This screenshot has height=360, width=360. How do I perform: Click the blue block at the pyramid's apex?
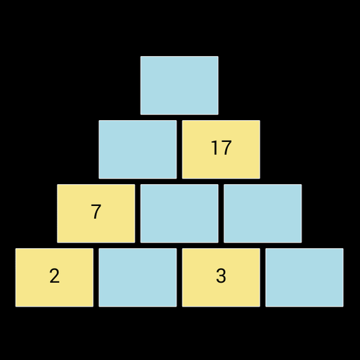pyautogui.click(x=179, y=85)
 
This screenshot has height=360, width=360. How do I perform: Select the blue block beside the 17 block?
pyautogui.click(x=138, y=149)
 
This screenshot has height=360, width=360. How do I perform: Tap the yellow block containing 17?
pyautogui.click(x=221, y=149)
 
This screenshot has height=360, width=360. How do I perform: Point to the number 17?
pyautogui.click(x=221, y=148)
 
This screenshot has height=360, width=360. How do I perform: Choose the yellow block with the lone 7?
pyautogui.click(x=96, y=213)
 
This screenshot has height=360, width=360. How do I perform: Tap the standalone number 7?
pyautogui.click(x=96, y=212)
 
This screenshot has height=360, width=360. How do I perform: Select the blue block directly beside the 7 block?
pyautogui.click(x=179, y=213)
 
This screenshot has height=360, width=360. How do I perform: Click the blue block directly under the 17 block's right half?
pyautogui.click(x=263, y=213)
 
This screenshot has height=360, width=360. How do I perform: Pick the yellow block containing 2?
pyautogui.click(x=54, y=277)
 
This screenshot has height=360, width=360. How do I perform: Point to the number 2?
pyautogui.click(x=54, y=276)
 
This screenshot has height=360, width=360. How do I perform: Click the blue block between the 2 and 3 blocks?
pyautogui.click(x=138, y=277)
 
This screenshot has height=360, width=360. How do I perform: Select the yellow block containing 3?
pyautogui.click(x=221, y=277)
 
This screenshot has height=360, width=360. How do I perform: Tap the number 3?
pyautogui.click(x=221, y=276)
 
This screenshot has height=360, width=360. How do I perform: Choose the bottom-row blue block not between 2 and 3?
pyautogui.click(x=304, y=277)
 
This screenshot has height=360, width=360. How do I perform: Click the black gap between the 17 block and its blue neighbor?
pyautogui.click(x=179, y=149)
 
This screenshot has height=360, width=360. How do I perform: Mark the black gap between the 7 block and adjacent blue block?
pyautogui.click(x=138, y=213)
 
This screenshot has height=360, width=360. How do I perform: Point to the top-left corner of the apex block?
pyautogui.click(x=141, y=56)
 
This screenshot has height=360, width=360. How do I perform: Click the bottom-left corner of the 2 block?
pyautogui.click(x=15, y=307)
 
